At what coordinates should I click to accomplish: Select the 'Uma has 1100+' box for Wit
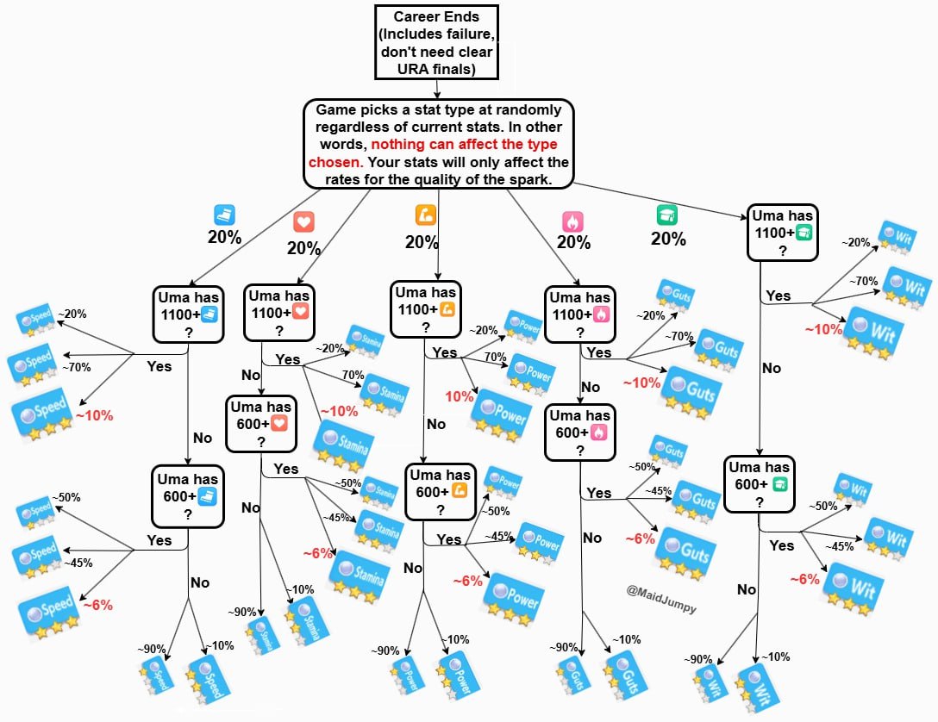point(782,232)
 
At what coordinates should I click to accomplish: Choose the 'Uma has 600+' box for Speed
point(187,495)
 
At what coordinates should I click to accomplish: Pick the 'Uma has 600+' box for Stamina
point(260,423)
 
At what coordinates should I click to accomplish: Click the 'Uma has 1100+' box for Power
point(425,308)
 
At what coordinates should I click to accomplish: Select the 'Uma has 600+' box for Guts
point(581,432)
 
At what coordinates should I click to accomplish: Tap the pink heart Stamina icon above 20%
point(303,222)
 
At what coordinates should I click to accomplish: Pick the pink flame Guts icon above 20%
point(572,221)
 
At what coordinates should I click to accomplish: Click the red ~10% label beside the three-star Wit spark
point(822,329)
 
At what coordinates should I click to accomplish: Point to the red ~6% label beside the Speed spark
point(97,605)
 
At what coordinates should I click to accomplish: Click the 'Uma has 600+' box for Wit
point(759,484)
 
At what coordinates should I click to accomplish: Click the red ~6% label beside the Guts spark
point(640,538)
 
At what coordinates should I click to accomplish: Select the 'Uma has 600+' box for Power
point(440,491)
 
